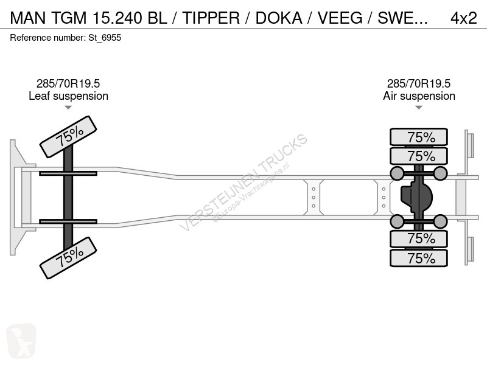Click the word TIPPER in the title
pos(212,18)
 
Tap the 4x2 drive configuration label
pos(463,18)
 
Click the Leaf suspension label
pos(68,96)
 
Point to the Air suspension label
pos(419,96)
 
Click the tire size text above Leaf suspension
pos(68,84)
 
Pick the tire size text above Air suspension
pos(419,84)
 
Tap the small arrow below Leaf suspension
pos(68,108)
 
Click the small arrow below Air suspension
pos(419,108)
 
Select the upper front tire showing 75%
pos(68,137)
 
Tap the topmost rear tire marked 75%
pos(419,137)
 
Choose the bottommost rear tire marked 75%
pos(419,258)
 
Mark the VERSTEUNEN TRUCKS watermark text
pos(243,182)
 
